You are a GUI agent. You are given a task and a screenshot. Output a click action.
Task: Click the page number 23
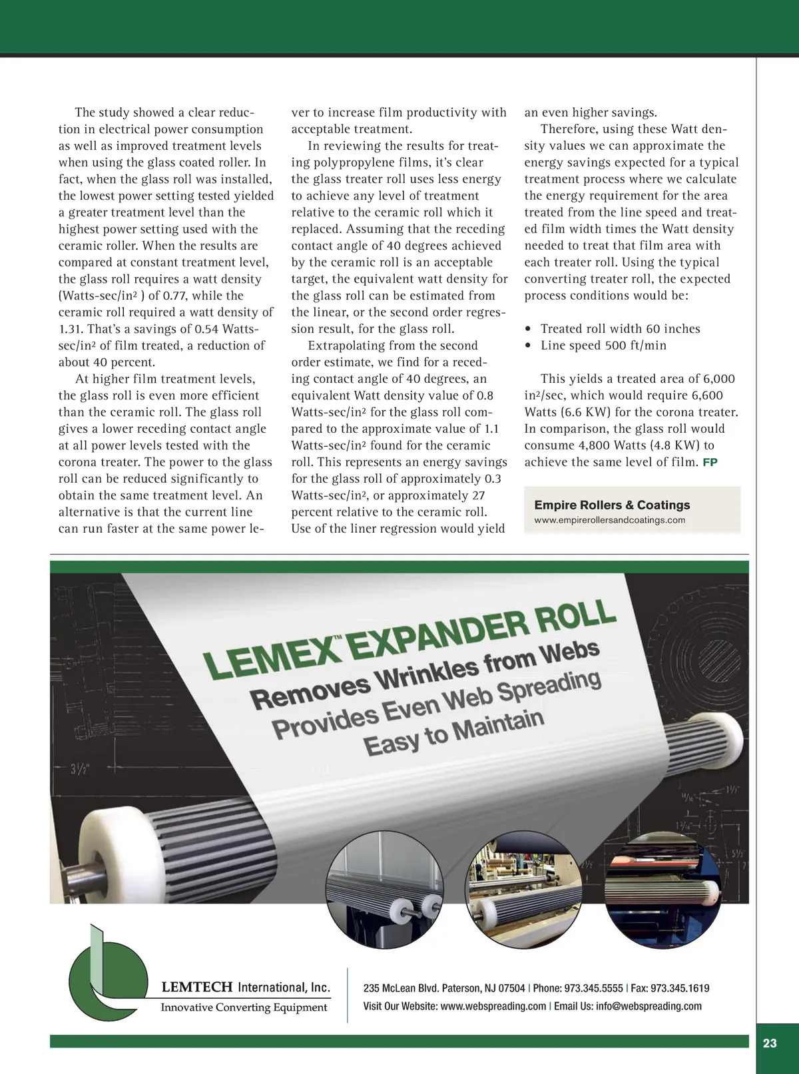click(x=770, y=1043)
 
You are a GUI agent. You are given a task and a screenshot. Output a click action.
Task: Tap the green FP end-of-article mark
click(x=710, y=462)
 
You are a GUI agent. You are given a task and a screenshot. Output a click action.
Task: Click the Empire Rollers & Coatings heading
click(x=612, y=505)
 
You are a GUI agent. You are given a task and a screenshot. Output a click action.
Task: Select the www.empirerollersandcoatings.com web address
click(x=609, y=520)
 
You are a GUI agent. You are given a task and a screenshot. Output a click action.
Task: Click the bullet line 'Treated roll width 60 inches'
click(x=620, y=329)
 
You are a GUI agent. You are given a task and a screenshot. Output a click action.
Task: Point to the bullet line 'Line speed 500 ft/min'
click(x=603, y=346)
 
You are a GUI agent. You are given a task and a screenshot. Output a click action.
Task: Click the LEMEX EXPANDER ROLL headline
click(x=409, y=637)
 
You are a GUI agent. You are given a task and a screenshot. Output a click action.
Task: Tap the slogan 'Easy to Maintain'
click(x=454, y=731)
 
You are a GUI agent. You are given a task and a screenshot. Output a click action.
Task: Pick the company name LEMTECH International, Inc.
click(x=246, y=987)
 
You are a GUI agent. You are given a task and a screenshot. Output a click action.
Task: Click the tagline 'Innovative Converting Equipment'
click(x=244, y=1007)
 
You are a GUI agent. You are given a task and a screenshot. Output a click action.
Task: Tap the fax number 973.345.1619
click(x=679, y=988)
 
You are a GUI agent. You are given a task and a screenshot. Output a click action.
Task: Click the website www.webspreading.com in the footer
click(x=493, y=1006)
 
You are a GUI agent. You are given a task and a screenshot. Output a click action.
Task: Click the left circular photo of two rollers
click(x=384, y=890)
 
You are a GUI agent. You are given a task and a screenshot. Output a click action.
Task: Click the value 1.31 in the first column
click(x=71, y=329)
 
